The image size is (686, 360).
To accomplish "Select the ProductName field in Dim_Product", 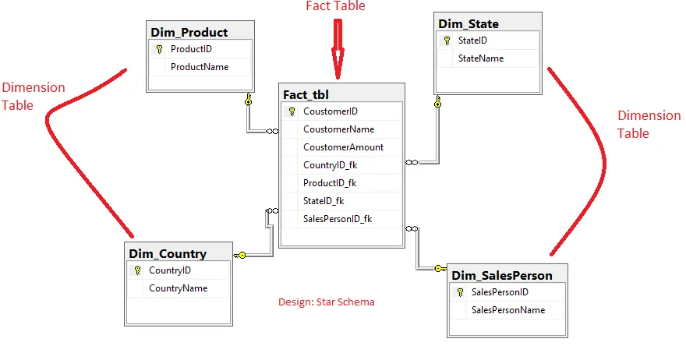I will coord(200,67).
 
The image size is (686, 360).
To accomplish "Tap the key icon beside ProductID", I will coord(159,49).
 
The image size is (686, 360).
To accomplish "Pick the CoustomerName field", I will coord(338,129).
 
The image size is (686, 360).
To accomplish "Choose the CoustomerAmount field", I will coord(343,147).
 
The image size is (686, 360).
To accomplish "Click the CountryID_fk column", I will coord(331,165).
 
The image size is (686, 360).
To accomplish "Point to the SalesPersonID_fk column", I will coord(337,219).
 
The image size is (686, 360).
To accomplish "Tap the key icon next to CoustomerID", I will coord(292,111).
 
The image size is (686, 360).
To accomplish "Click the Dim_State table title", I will coord(469,23).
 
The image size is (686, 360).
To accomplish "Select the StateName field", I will coord(480,58).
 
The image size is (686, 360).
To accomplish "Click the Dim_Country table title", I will coord(168,253).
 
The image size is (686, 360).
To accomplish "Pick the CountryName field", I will coord(178,288).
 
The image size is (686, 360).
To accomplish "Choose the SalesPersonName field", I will coord(507,310).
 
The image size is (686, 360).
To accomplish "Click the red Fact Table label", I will coord(334,6).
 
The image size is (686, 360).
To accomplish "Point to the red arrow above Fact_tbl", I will coord(338,48).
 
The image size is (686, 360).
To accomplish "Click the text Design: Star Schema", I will coord(326,302).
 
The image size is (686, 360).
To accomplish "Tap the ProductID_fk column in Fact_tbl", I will coord(330,183).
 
